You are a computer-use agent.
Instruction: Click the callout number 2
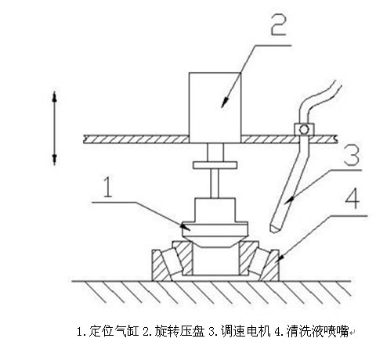[x=278, y=24]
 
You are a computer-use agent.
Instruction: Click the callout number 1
[x=108, y=187]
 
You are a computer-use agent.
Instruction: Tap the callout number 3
[x=352, y=155]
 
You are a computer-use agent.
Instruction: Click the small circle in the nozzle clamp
[x=304, y=129]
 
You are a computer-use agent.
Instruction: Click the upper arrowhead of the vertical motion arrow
[x=55, y=97]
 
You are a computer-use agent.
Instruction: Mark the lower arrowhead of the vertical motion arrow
[x=55, y=159]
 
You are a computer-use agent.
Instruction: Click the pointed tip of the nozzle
[x=273, y=231]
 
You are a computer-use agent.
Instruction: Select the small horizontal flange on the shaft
[x=215, y=165]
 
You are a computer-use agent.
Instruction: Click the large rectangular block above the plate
[x=215, y=107]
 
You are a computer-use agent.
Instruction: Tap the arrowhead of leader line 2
[x=224, y=103]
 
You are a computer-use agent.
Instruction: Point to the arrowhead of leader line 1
[x=186, y=226]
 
